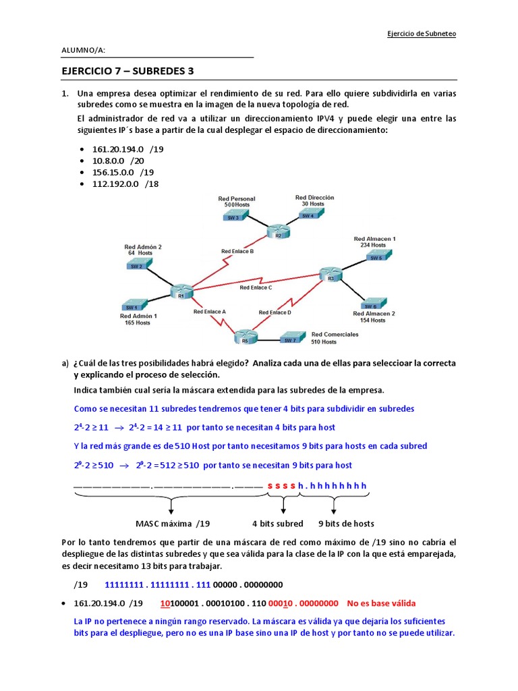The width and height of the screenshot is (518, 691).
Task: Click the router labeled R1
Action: pos(181,291)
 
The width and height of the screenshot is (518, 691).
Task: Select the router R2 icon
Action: pos(274,231)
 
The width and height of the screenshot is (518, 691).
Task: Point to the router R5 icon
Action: pos(242,335)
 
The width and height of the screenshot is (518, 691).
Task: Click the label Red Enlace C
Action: pos(256,287)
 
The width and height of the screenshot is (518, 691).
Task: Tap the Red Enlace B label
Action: pos(237,251)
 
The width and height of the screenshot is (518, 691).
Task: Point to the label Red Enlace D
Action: pos(275,312)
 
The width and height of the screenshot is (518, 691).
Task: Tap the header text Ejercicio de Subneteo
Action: pos(422,34)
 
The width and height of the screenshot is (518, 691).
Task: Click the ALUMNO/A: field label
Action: pos(83,50)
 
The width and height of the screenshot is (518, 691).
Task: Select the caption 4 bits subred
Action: pos(277,524)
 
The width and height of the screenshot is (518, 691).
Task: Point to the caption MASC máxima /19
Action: pos(173,524)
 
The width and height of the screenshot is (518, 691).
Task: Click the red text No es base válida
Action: pos(381,603)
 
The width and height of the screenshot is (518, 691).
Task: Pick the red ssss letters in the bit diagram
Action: pos(281,486)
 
